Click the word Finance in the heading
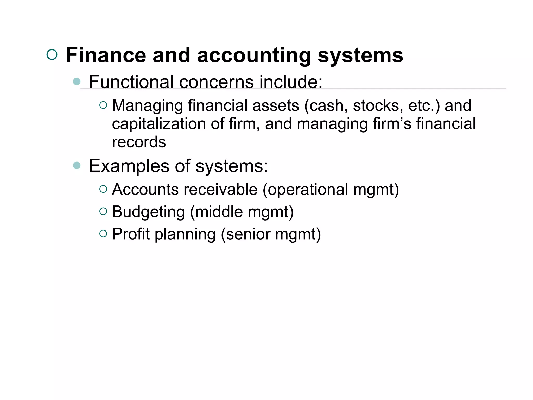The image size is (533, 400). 106,55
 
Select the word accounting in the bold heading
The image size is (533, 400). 254,55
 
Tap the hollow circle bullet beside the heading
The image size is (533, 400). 52,55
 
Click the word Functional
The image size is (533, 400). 131,82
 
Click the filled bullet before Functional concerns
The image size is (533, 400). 77,82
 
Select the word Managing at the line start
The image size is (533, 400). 147,106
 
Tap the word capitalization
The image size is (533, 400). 159,124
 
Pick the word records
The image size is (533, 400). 139,142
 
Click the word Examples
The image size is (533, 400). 129,166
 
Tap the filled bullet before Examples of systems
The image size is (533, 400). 77,165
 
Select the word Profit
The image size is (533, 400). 131,234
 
